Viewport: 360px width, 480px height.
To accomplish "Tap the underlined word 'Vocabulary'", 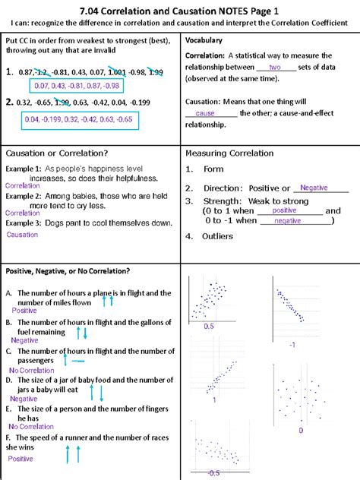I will coord(204,39).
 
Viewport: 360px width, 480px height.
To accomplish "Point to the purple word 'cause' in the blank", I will coord(206,113).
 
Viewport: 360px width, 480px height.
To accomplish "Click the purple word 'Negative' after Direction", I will coord(314,188).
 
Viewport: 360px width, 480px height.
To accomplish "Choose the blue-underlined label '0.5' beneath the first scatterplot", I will coord(210,325).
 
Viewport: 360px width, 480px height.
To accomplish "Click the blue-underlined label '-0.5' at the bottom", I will coord(213,472).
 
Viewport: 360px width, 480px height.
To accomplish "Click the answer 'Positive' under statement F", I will coord(21,459).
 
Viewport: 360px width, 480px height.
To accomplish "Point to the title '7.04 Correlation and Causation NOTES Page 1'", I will coord(179,10).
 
